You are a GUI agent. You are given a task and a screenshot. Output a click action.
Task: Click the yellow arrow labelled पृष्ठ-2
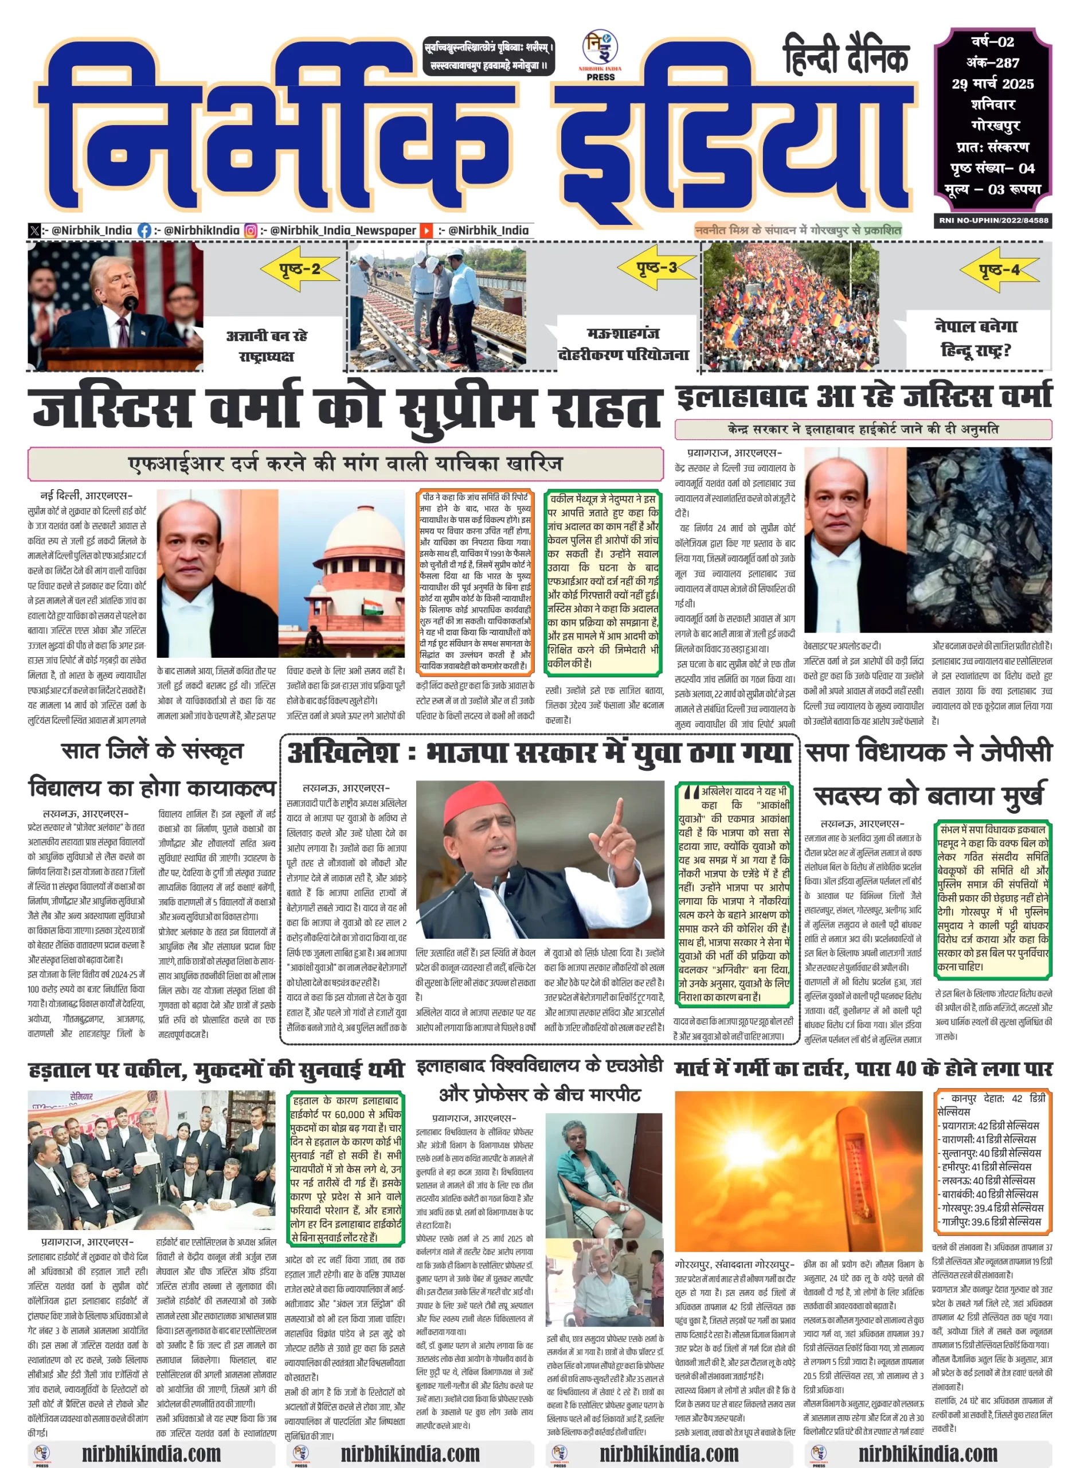(x=300, y=269)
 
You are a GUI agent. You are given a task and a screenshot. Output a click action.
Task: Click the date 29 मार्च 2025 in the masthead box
(x=992, y=84)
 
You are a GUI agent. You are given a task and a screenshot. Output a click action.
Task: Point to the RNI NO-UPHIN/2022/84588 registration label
(x=993, y=220)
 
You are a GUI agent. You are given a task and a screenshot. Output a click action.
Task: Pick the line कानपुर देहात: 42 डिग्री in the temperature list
(x=992, y=1099)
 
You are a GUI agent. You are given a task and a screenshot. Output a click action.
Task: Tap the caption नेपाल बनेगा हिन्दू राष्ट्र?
(x=976, y=338)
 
